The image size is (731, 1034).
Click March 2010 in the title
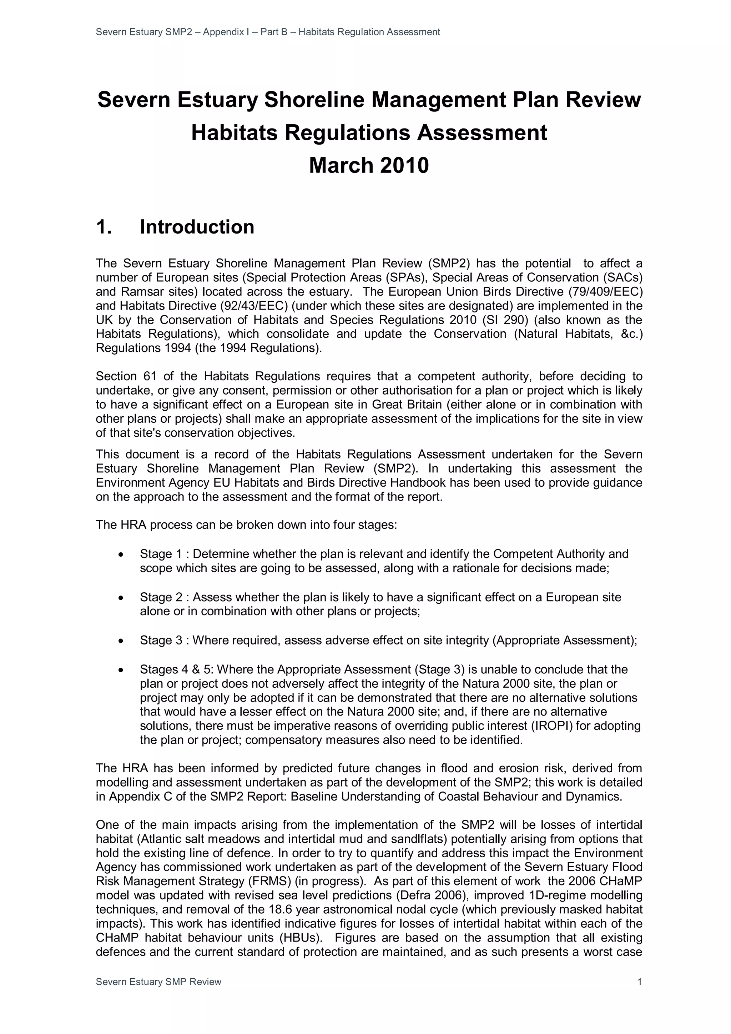point(369,165)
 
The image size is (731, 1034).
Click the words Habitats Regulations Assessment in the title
point(369,133)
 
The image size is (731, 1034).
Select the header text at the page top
point(268,32)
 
